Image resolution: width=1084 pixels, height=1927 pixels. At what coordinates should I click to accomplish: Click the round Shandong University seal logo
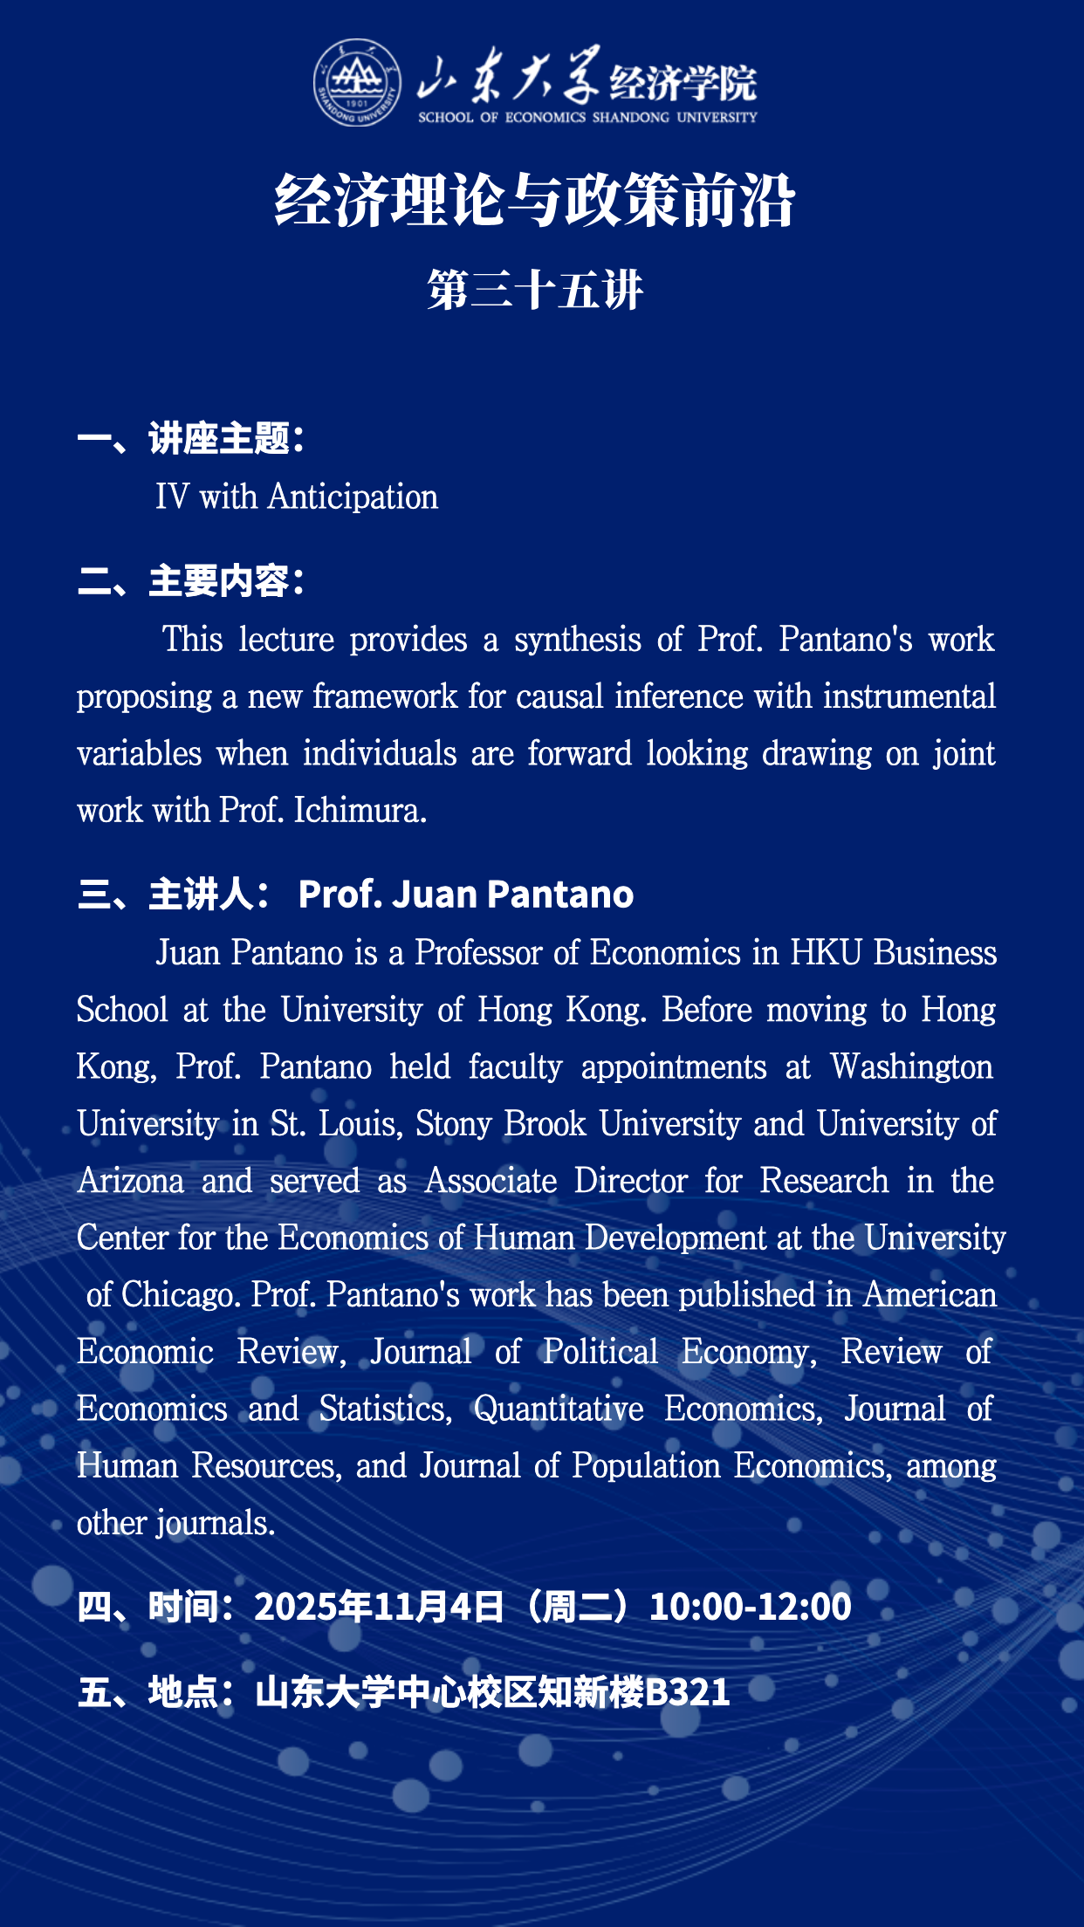(x=357, y=83)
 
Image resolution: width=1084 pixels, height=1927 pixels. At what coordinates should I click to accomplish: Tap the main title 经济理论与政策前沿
(x=535, y=201)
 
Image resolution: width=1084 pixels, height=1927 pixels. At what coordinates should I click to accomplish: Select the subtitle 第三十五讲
(x=535, y=290)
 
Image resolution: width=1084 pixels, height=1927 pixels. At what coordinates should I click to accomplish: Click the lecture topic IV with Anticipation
(x=297, y=497)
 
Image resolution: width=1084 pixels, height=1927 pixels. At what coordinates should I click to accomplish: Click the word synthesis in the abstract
(x=578, y=640)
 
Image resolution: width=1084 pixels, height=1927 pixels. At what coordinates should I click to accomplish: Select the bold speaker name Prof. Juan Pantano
(x=466, y=895)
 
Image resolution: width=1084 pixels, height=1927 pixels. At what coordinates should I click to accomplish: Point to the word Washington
(x=911, y=1067)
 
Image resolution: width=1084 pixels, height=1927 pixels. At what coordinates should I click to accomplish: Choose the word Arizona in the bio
(x=131, y=1181)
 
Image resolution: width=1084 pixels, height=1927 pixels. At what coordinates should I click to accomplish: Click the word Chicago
(x=181, y=1295)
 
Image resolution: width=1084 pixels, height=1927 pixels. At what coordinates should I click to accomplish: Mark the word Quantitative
(x=559, y=1409)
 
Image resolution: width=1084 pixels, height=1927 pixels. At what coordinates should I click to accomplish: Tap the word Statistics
(x=385, y=1409)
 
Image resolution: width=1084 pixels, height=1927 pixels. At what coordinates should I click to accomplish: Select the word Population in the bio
(x=646, y=1466)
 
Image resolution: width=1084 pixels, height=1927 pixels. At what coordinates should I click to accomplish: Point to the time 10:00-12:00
(x=751, y=1607)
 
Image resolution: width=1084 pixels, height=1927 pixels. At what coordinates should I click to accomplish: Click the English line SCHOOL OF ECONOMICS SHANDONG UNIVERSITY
(x=587, y=117)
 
